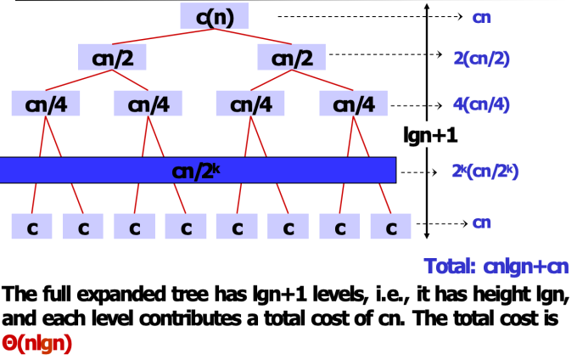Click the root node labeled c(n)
[214, 15]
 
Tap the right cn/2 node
[292, 58]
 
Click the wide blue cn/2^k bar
[199, 170]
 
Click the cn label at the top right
[482, 16]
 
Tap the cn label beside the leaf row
[482, 223]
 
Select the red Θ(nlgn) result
[37, 343]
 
